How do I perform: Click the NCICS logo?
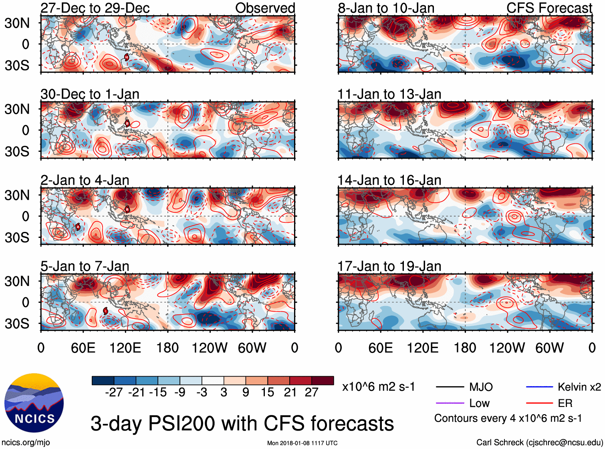pyautogui.click(x=34, y=403)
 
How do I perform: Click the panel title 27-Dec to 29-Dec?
pyautogui.click(x=95, y=8)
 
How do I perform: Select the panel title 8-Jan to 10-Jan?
pyautogui.click(x=386, y=8)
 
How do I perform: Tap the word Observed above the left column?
pyautogui.click(x=265, y=8)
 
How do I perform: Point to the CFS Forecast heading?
pyautogui.click(x=549, y=8)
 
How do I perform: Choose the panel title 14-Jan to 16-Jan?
pyautogui.click(x=389, y=180)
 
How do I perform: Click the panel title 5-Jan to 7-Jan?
pyautogui.click(x=85, y=266)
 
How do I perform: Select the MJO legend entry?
pyautogui.click(x=481, y=387)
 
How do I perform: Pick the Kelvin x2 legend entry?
pyautogui.click(x=579, y=387)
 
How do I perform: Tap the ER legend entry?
pyautogui.click(x=565, y=403)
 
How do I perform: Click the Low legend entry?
pyautogui.click(x=479, y=403)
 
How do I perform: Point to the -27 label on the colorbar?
pyautogui.click(x=114, y=392)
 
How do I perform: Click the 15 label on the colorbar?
pyautogui.click(x=267, y=392)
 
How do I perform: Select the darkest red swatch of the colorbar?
pyautogui.click(x=323, y=381)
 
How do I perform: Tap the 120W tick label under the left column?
pyautogui.click(x=210, y=348)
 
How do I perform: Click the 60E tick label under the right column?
pyautogui.click(x=380, y=348)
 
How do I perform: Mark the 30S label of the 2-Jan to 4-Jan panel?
pyautogui.click(x=17, y=238)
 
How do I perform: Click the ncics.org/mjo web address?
pyautogui.click(x=26, y=442)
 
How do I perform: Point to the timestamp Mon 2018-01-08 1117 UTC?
pyautogui.click(x=302, y=443)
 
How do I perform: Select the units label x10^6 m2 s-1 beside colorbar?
pyautogui.click(x=378, y=387)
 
